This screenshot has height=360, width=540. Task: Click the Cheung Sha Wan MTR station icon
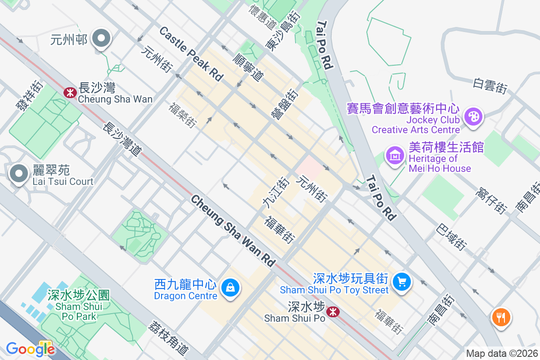(69, 93)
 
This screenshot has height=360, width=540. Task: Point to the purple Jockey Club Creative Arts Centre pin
(473, 117)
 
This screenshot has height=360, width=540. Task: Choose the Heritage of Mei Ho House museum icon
(395, 156)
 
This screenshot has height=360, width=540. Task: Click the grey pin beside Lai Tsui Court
(19, 173)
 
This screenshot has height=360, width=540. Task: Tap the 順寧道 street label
(248, 67)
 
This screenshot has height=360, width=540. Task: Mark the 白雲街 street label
(490, 85)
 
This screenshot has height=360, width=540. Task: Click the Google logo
(30, 349)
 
